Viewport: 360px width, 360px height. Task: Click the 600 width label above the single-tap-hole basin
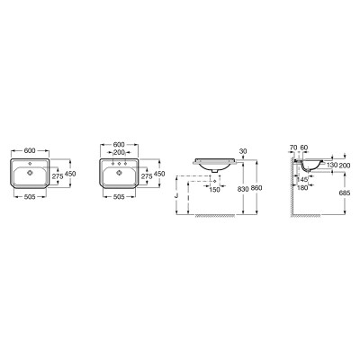31,150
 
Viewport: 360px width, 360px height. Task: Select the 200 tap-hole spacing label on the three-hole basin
120,152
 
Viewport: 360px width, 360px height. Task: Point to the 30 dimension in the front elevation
243,152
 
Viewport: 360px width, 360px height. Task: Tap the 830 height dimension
243,188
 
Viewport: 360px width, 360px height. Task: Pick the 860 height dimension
256,188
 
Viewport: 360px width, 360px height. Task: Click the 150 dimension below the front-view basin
214,190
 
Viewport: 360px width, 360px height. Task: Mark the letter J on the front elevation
176,195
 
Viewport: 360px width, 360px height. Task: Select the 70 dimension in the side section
293,148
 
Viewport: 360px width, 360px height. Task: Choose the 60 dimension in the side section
304,148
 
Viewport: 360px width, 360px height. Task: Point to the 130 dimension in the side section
332,165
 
